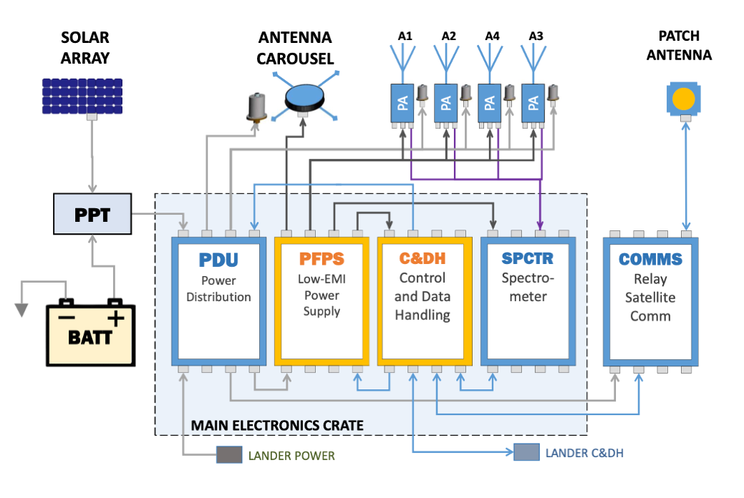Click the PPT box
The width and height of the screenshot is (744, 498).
pyautogui.click(x=92, y=213)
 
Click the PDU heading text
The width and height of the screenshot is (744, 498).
pyautogui.click(x=218, y=259)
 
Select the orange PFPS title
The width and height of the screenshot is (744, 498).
pyautogui.click(x=322, y=259)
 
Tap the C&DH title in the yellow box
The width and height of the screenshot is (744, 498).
pyautogui.click(x=423, y=259)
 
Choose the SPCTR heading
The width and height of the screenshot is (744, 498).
pyautogui.click(x=527, y=259)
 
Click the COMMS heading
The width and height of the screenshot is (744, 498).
pyautogui.click(x=650, y=259)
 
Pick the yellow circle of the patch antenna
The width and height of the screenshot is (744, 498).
pyautogui.click(x=684, y=98)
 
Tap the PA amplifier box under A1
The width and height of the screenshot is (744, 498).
pyautogui.click(x=401, y=102)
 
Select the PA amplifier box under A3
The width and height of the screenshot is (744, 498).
pyautogui.click(x=533, y=102)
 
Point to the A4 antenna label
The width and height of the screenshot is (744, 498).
pyautogui.click(x=493, y=36)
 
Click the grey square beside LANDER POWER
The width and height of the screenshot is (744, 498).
pyautogui.click(x=229, y=455)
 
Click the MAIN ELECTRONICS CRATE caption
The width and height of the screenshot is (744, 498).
pyautogui.click(x=277, y=426)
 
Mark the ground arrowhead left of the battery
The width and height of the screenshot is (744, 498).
pyautogui.click(x=22, y=309)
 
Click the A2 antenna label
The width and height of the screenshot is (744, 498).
pyautogui.click(x=449, y=36)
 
